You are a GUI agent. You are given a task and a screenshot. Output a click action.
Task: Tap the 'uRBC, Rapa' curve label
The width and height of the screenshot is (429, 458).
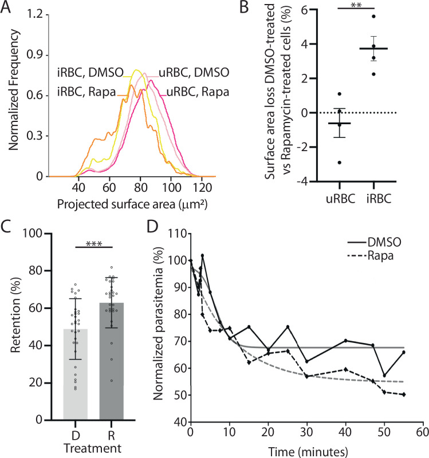coord(196,93)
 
